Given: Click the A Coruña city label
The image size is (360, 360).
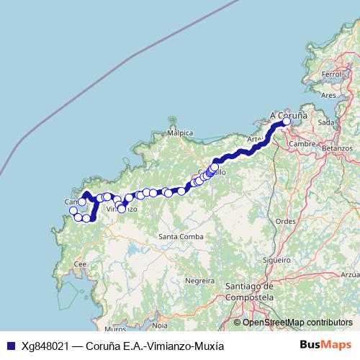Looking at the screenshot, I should [289, 114].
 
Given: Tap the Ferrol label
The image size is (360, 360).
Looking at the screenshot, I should [332, 74].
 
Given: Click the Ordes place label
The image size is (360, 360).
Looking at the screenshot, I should [286, 221].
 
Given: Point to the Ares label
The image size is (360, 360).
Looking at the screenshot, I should [328, 94].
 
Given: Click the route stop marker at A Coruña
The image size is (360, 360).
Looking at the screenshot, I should [287, 122].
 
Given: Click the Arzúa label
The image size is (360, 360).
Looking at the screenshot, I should [351, 274].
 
